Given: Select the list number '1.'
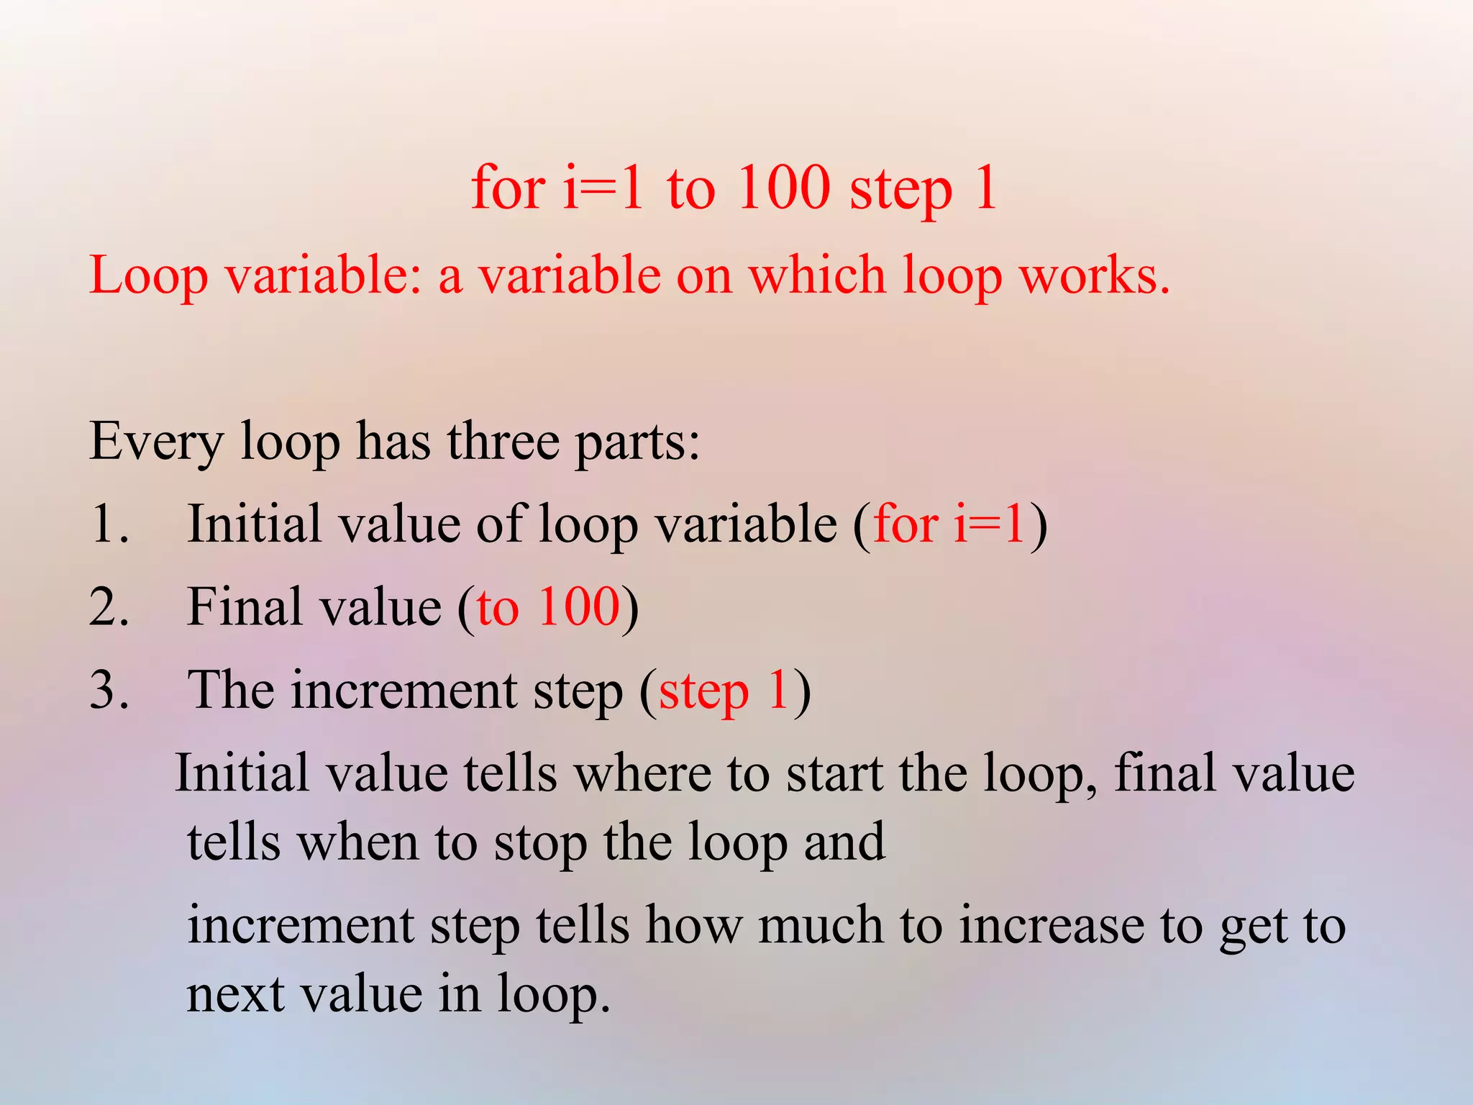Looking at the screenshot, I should coord(110,524).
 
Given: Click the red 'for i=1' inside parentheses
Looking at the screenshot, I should coord(949,524).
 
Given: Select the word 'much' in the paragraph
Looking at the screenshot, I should coord(821,926).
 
